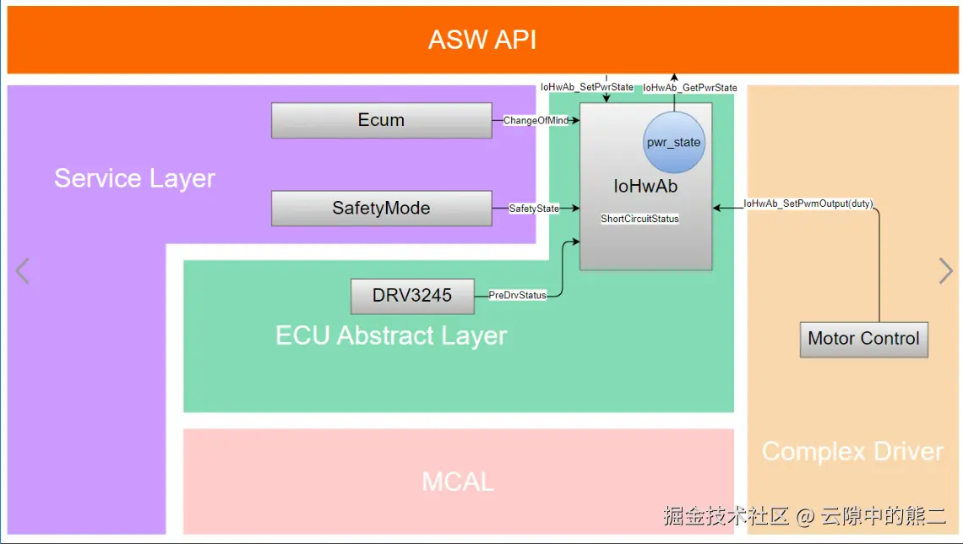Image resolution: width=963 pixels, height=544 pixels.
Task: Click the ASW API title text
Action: tap(481, 40)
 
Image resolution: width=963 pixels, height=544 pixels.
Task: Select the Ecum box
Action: tap(381, 120)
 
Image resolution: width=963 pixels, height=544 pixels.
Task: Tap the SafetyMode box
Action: tap(381, 208)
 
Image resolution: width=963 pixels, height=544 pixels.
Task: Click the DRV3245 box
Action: tap(412, 296)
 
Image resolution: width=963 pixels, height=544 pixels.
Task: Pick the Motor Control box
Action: tap(863, 339)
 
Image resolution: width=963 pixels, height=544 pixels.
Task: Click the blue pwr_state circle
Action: tap(673, 142)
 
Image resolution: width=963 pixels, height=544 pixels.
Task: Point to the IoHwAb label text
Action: tap(645, 187)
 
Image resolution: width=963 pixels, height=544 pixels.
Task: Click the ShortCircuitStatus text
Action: tap(639, 219)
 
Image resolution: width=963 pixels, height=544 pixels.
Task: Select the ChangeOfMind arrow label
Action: tap(536, 121)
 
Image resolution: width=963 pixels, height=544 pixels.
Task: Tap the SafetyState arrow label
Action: tap(534, 208)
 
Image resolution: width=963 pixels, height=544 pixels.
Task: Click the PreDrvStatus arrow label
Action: tap(517, 296)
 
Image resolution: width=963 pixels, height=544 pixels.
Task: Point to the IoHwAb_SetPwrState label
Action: tap(587, 87)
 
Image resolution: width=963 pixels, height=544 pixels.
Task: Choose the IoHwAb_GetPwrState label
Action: tap(690, 88)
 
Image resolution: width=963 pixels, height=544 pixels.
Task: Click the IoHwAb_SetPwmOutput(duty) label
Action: tap(808, 204)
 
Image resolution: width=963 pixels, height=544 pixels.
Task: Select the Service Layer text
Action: tap(134, 178)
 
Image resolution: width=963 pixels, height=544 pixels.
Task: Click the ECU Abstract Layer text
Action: tap(391, 335)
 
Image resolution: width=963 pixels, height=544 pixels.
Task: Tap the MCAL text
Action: tap(458, 481)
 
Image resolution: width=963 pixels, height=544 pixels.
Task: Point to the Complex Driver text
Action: tap(852, 451)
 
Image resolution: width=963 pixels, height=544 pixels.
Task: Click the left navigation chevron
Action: tap(23, 271)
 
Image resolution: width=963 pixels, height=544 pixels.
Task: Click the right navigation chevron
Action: tap(945, 271)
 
